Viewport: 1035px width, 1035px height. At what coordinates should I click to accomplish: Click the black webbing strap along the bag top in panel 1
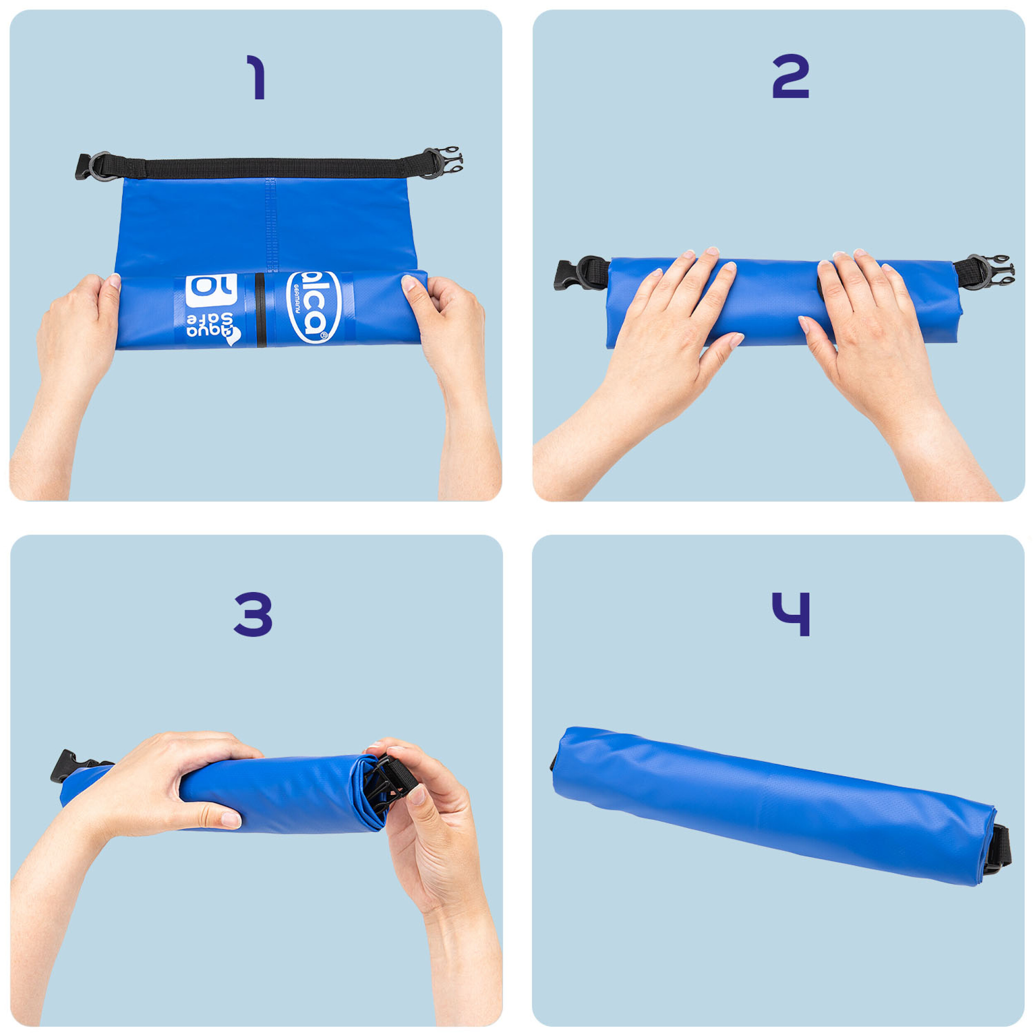coord(268,168)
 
